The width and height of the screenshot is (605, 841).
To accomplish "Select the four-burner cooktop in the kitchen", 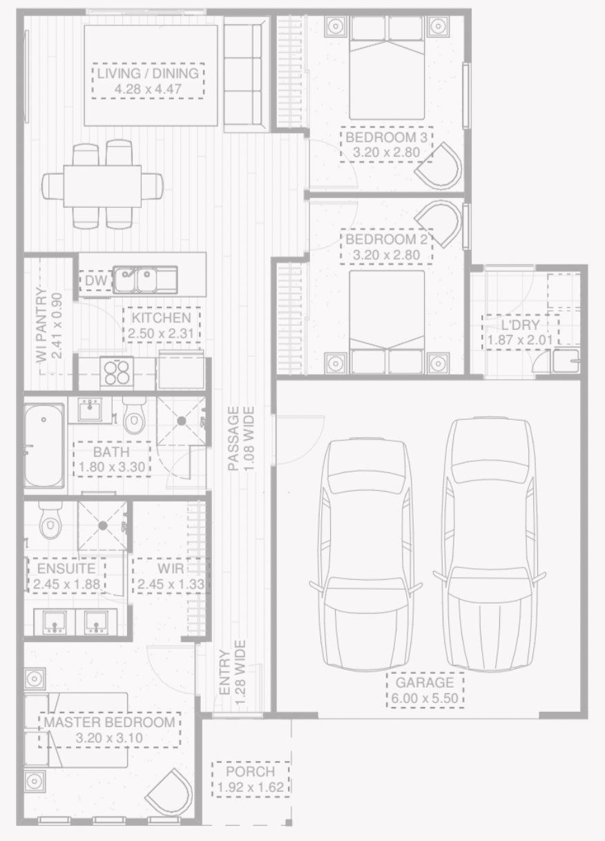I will [116, 373].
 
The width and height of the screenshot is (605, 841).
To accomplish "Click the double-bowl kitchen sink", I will [145, 280].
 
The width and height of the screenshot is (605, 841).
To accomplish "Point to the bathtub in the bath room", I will [44, 445].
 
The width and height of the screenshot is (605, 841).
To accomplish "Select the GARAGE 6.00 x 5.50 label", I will [425, 690].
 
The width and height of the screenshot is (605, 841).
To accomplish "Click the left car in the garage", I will [365, 552].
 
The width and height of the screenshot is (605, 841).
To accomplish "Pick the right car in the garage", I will [490, 545].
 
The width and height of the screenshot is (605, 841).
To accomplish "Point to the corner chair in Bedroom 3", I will [440, 166].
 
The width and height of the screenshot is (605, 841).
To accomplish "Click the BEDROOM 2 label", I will [387, 247].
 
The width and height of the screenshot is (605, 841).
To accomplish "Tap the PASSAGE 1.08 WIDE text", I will [241, 438].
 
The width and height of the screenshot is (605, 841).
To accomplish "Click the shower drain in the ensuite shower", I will [102, 525].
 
